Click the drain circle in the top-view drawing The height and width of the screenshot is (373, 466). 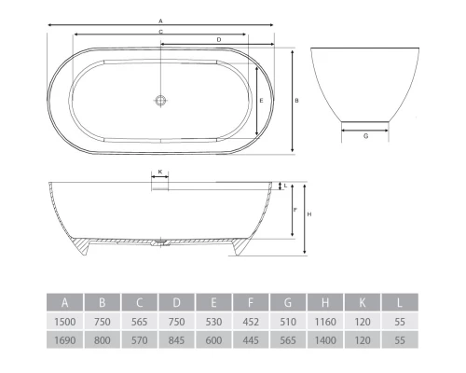point(160,99)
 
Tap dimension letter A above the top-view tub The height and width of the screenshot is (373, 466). point(160,20)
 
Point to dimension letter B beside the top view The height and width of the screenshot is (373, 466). point(296,100)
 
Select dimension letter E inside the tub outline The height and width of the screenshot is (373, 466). point(261,100)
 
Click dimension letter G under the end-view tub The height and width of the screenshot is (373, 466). point(365,137)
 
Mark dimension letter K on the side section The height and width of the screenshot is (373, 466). point(160,172)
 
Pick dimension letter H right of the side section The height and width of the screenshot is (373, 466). point(308,215)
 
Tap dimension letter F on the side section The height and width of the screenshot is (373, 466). point(295,211)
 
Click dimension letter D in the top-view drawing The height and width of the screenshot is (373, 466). point(218,40)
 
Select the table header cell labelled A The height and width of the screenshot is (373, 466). point(64,302)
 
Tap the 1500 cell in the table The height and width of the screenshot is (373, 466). point(64,322)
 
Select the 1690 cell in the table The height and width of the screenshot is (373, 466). point(64,341)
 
